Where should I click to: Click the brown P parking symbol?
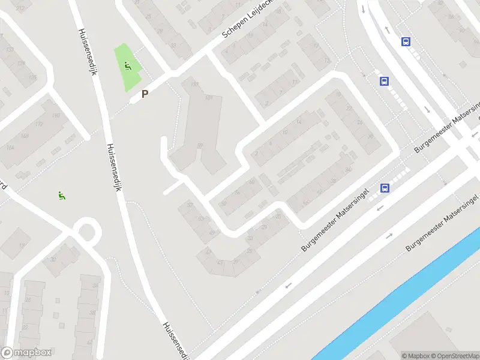pyautogui.click(x=144, y=94)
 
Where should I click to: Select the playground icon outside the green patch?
pyautogui.click(x=61, y=194)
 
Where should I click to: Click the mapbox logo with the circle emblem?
pyautogui.click(x=26, y=353)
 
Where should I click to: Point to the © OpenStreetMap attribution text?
pyautogui.click(x=454, y=356)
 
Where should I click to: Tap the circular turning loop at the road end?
pyautogui.click(x=88, y=231)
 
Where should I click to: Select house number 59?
pyautogui.click(x=200, y=146)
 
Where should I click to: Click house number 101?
pyautogui.click(x=209, y=98)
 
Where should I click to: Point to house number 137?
pyautogui.click(x=194, y=85)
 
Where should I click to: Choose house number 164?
pyautogui.click(x=10, y=147)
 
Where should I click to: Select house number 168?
pyautogui.click(x=25, y=136)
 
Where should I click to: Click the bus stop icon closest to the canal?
pyautogui.click(x=385, y=188)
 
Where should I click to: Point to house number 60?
pyautogui.click(x=251, y=182)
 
